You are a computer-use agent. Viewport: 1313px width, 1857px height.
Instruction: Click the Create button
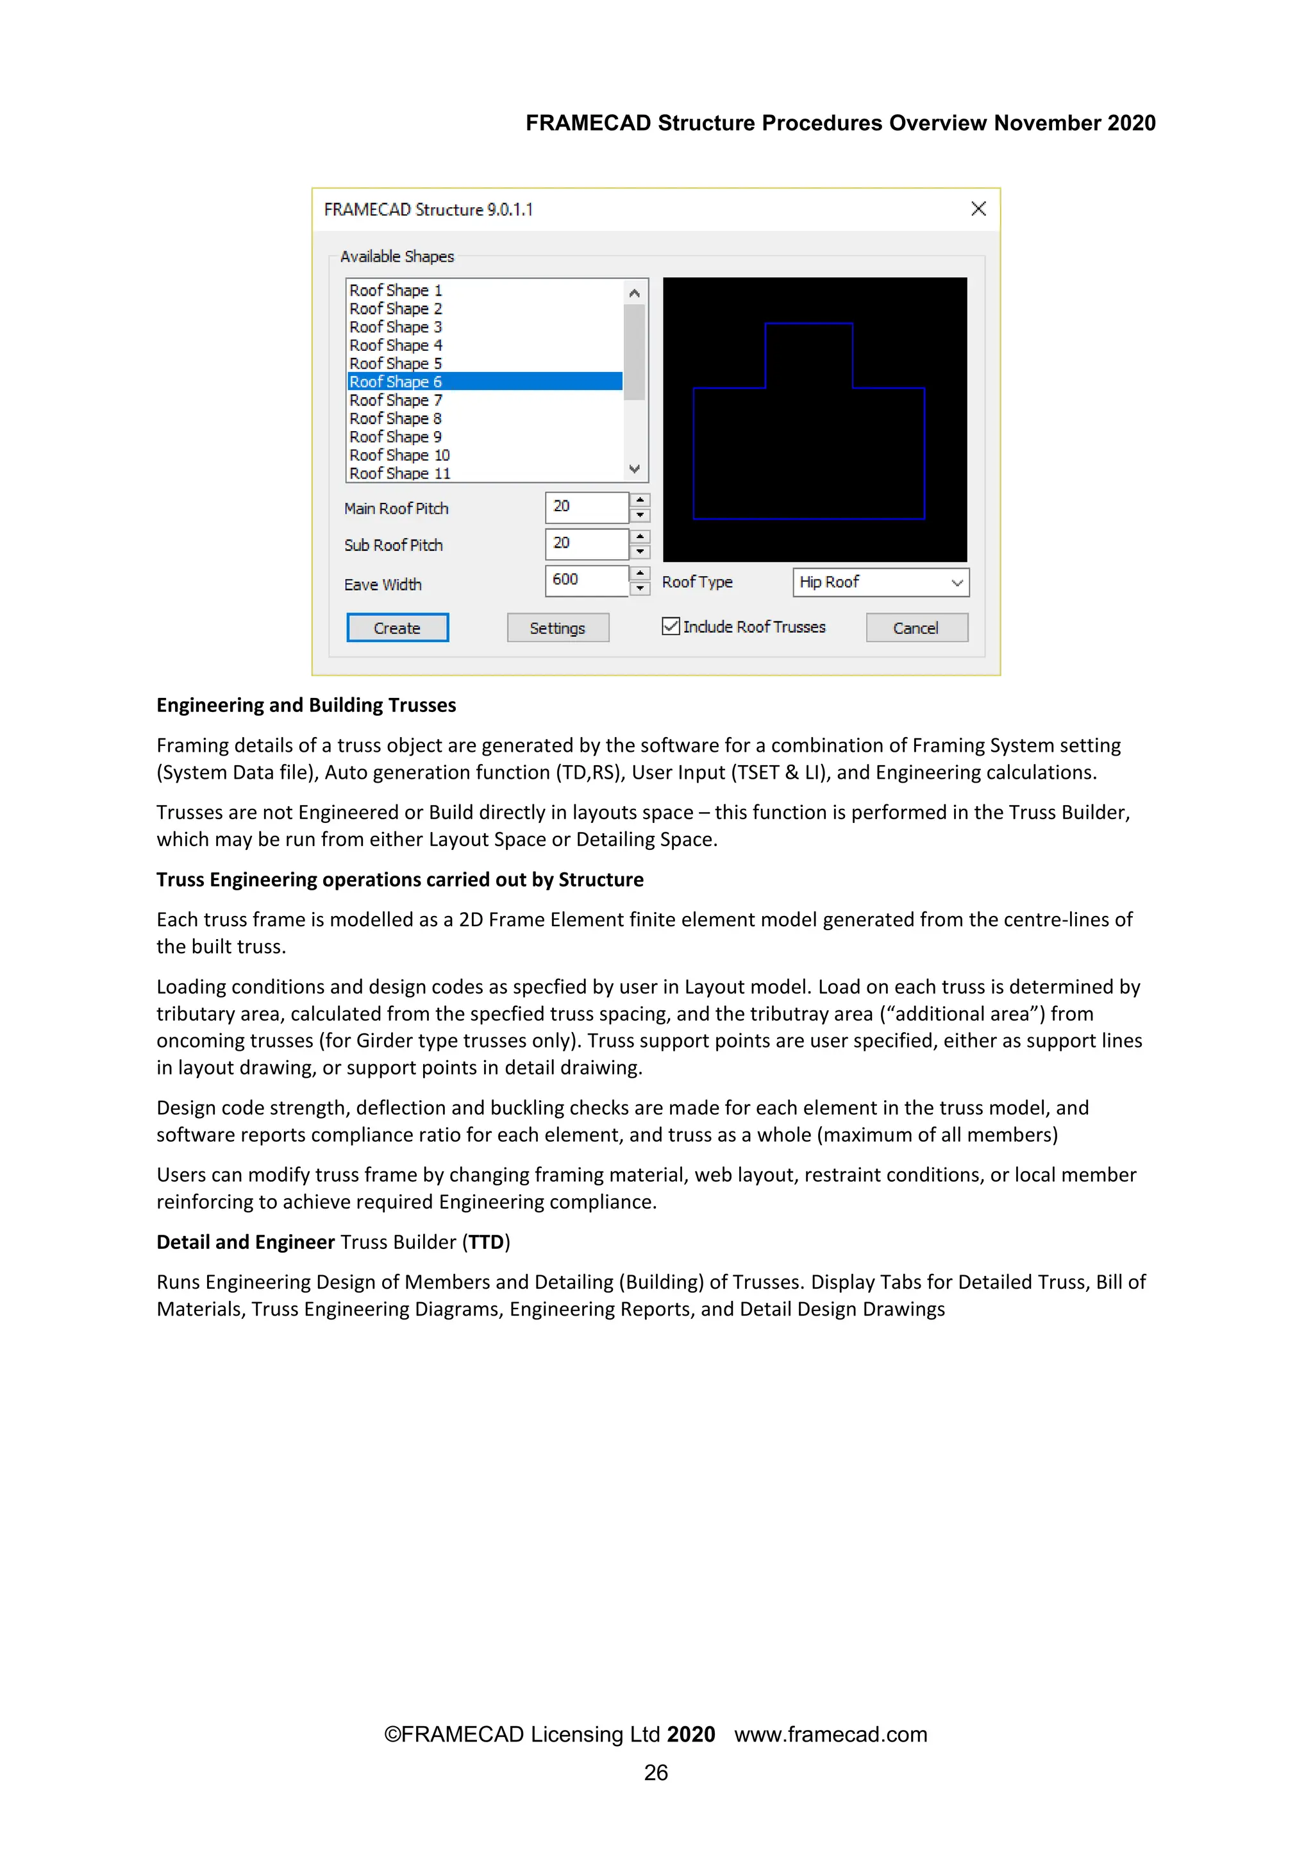(x=397, y=627)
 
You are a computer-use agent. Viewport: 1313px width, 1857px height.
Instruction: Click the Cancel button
(x=916, y=627)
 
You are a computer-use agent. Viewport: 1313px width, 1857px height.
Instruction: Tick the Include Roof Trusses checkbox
(x=670, y=626)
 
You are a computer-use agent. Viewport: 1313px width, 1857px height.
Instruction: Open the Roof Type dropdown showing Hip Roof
(x=880, y=582)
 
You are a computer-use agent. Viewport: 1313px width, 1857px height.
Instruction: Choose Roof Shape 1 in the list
(x=396, y=291)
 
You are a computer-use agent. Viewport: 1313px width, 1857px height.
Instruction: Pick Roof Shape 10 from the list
(x=399, y=455)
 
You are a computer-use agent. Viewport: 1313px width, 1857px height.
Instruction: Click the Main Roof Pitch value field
(x=586, y=507)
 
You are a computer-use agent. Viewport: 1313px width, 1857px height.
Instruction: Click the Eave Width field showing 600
(x=586, y=580)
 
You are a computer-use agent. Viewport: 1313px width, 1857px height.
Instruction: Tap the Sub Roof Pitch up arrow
(x=640, y=536)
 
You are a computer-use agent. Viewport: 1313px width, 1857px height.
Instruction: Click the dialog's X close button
(x=978, y=208)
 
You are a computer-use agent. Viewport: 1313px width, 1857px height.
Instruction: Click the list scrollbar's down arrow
(x=635, y=469)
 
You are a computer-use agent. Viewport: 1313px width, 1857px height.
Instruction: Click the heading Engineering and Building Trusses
(x=306, y=705)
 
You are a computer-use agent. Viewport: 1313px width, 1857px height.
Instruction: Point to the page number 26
(x=656, y=1772)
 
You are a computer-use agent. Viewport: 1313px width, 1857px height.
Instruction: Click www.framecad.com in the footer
(x=830, y=1734)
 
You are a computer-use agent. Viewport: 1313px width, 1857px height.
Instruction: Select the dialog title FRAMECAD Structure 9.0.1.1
(x=428, y=210)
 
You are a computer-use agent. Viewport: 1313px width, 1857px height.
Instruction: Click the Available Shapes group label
(x=397, y=257)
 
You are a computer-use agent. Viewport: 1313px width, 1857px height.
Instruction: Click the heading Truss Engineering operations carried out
(x=399, y=880)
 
